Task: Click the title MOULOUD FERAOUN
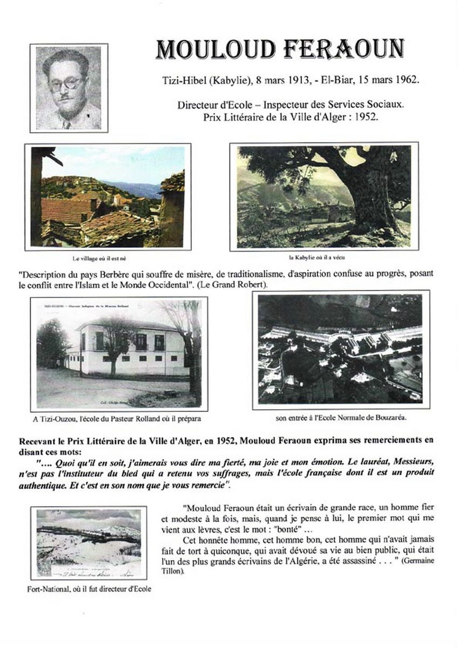280,49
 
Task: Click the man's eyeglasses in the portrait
66,84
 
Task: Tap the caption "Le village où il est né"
106,259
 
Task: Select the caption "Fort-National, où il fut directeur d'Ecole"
90,589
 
